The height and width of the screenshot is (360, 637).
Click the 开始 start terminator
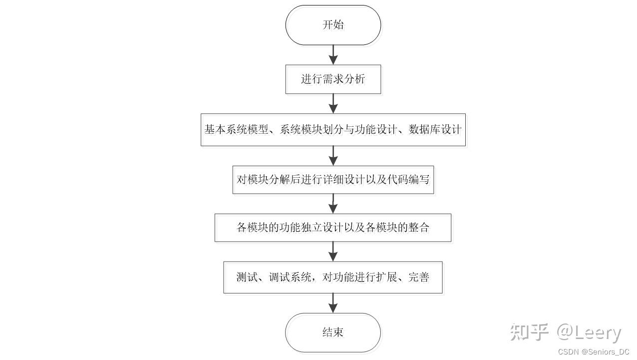(x=333, y=25)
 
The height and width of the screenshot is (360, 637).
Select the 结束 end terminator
(x=333, y=333)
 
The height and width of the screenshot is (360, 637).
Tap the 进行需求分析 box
(x=333, y=79)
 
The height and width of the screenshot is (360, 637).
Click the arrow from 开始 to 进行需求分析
(x=333, y=55)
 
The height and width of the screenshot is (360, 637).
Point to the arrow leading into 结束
(x=333, y=303)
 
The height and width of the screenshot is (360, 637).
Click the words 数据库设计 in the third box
(x=435, y=130)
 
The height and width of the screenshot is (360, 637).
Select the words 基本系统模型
(x=236, y=130)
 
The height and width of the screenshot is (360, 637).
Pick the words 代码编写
(x=408, y=179)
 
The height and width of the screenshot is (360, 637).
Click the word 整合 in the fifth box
(x=419, y=227)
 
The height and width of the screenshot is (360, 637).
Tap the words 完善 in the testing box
(x=419, y=277)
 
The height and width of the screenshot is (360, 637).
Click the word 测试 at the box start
(x=247, y=277)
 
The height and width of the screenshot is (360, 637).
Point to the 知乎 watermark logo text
(x=529, y=332)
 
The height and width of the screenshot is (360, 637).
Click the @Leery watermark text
(x=589, y=333)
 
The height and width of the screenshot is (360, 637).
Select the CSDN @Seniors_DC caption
(x=594, y=352)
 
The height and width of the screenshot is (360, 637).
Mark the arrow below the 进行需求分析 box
(x=333, y=104)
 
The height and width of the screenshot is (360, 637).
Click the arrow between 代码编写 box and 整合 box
(x=333, y=204)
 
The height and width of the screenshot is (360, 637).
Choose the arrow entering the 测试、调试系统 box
(x=333, y=252)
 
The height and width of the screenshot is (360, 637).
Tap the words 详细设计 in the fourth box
(x=344, y=179)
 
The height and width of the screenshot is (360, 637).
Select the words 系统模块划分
(x=312, y=130)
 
